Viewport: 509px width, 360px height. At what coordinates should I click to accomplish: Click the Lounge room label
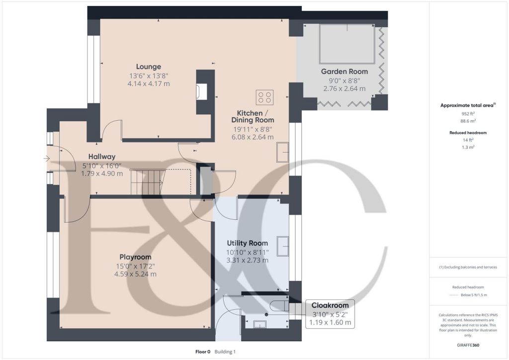[x=149, y=67]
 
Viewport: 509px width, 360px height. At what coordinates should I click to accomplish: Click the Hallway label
[x=102, y=157]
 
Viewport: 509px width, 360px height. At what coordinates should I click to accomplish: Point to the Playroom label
[x=135, y=257]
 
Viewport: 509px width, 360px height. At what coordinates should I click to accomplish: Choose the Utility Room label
[x=247, y=243]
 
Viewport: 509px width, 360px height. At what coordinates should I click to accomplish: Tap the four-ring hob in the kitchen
[x=264, y=96]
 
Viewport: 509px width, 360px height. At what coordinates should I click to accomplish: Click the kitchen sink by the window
[x=283, y=152]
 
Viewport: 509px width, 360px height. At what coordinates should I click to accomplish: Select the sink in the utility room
[x=283, y=246]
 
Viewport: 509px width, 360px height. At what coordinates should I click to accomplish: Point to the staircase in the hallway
[x=148, y=182]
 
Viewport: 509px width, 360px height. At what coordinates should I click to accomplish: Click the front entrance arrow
[x=47, y=159]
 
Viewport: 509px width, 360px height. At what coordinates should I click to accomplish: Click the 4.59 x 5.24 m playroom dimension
[x=135, y=274]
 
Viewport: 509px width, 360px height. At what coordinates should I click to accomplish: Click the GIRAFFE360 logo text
[x=469, y=345]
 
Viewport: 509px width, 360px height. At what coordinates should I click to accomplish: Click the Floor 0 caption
[x=203, y=352]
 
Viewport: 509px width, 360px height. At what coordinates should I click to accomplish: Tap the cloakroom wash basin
[x=259, y=325]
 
